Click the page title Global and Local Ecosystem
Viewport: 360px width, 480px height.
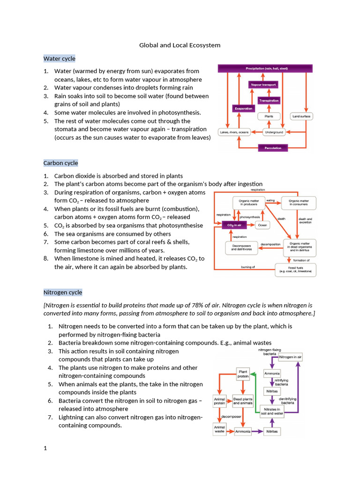pyautogui.click(x=180, y=45)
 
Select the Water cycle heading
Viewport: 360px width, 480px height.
pyautogui.click(x=60, y=59)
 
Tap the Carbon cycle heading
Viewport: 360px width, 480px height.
pyautogui.click(x=61, y=163)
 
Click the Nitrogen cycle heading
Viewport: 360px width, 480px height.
pyautogui.click(x=63, y=292)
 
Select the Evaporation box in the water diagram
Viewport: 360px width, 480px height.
pyautogui.click(x=243, y=109)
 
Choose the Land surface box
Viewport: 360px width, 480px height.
pyautogui.click(x=301, y=116)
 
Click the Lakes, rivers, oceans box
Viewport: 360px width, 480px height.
pyautogui.click(x=235, y=132)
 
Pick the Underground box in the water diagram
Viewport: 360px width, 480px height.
pyautogui.click(x=274, y=132)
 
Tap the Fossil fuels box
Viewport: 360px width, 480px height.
pyautogui.click(x=295, y=270)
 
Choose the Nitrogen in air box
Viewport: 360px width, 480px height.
pyautogui.click(x=291, y=357)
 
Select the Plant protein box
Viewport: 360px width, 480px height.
pyautogui.click(x=243, y=373)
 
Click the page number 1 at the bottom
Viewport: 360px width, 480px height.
pyautogui.click(x=45, y=449)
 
